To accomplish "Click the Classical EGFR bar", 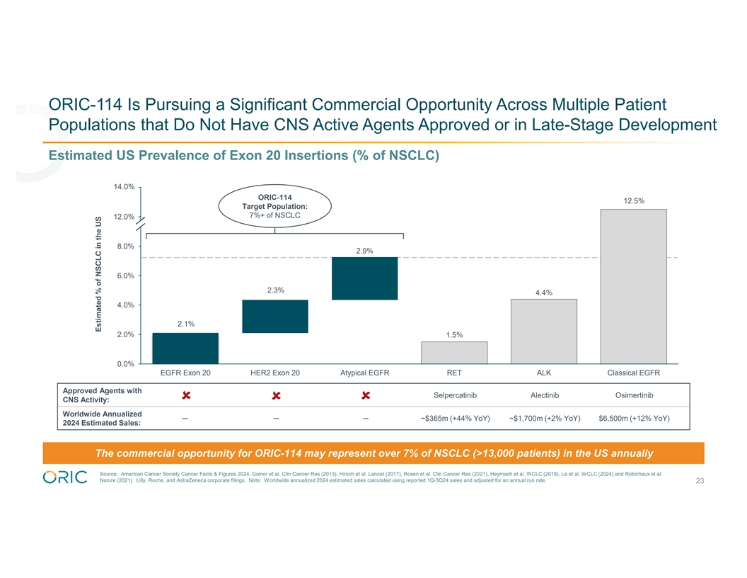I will tap(633, 285).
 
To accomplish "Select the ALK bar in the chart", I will tap(544, 331).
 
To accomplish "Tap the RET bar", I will tap(454, 352).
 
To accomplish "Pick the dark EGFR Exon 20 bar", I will tap(185, 348).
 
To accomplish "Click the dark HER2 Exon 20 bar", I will tap(275, 316).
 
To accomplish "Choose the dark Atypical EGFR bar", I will tap(364, 278).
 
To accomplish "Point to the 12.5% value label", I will tap(633, 200).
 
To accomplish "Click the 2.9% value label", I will tap(364, 251).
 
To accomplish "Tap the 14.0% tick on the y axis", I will tap(124, 187).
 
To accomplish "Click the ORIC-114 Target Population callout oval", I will tap(274, 205).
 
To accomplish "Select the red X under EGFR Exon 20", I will tap(185, 395).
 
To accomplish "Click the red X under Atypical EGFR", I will tap(364, 395).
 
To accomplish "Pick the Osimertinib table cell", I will tap(633, 395).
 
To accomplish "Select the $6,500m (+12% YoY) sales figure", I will tap(634, 418).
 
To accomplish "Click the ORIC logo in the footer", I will tap(65, 477).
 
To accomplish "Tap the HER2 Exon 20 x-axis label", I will tap(275, 373).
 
